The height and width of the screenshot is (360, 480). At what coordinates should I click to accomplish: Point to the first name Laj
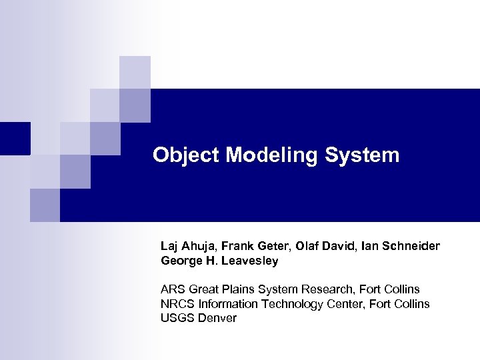click(x=170, y=247)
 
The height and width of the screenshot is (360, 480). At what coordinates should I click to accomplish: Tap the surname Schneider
click(x=409, y=247)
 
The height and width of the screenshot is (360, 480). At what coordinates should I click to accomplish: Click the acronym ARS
click(x=173, y=289)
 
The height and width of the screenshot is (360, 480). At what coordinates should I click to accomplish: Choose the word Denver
click(x=217, y=319)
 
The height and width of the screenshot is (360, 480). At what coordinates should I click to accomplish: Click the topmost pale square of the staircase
click(x=135, y=72)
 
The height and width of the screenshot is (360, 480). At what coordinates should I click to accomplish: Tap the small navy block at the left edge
click(x=15, y=138)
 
